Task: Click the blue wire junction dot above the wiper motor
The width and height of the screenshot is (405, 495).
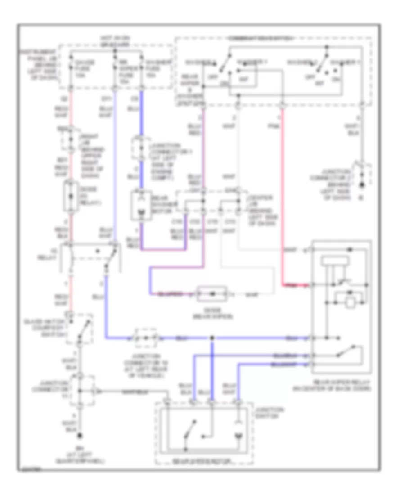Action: [212, 337]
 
